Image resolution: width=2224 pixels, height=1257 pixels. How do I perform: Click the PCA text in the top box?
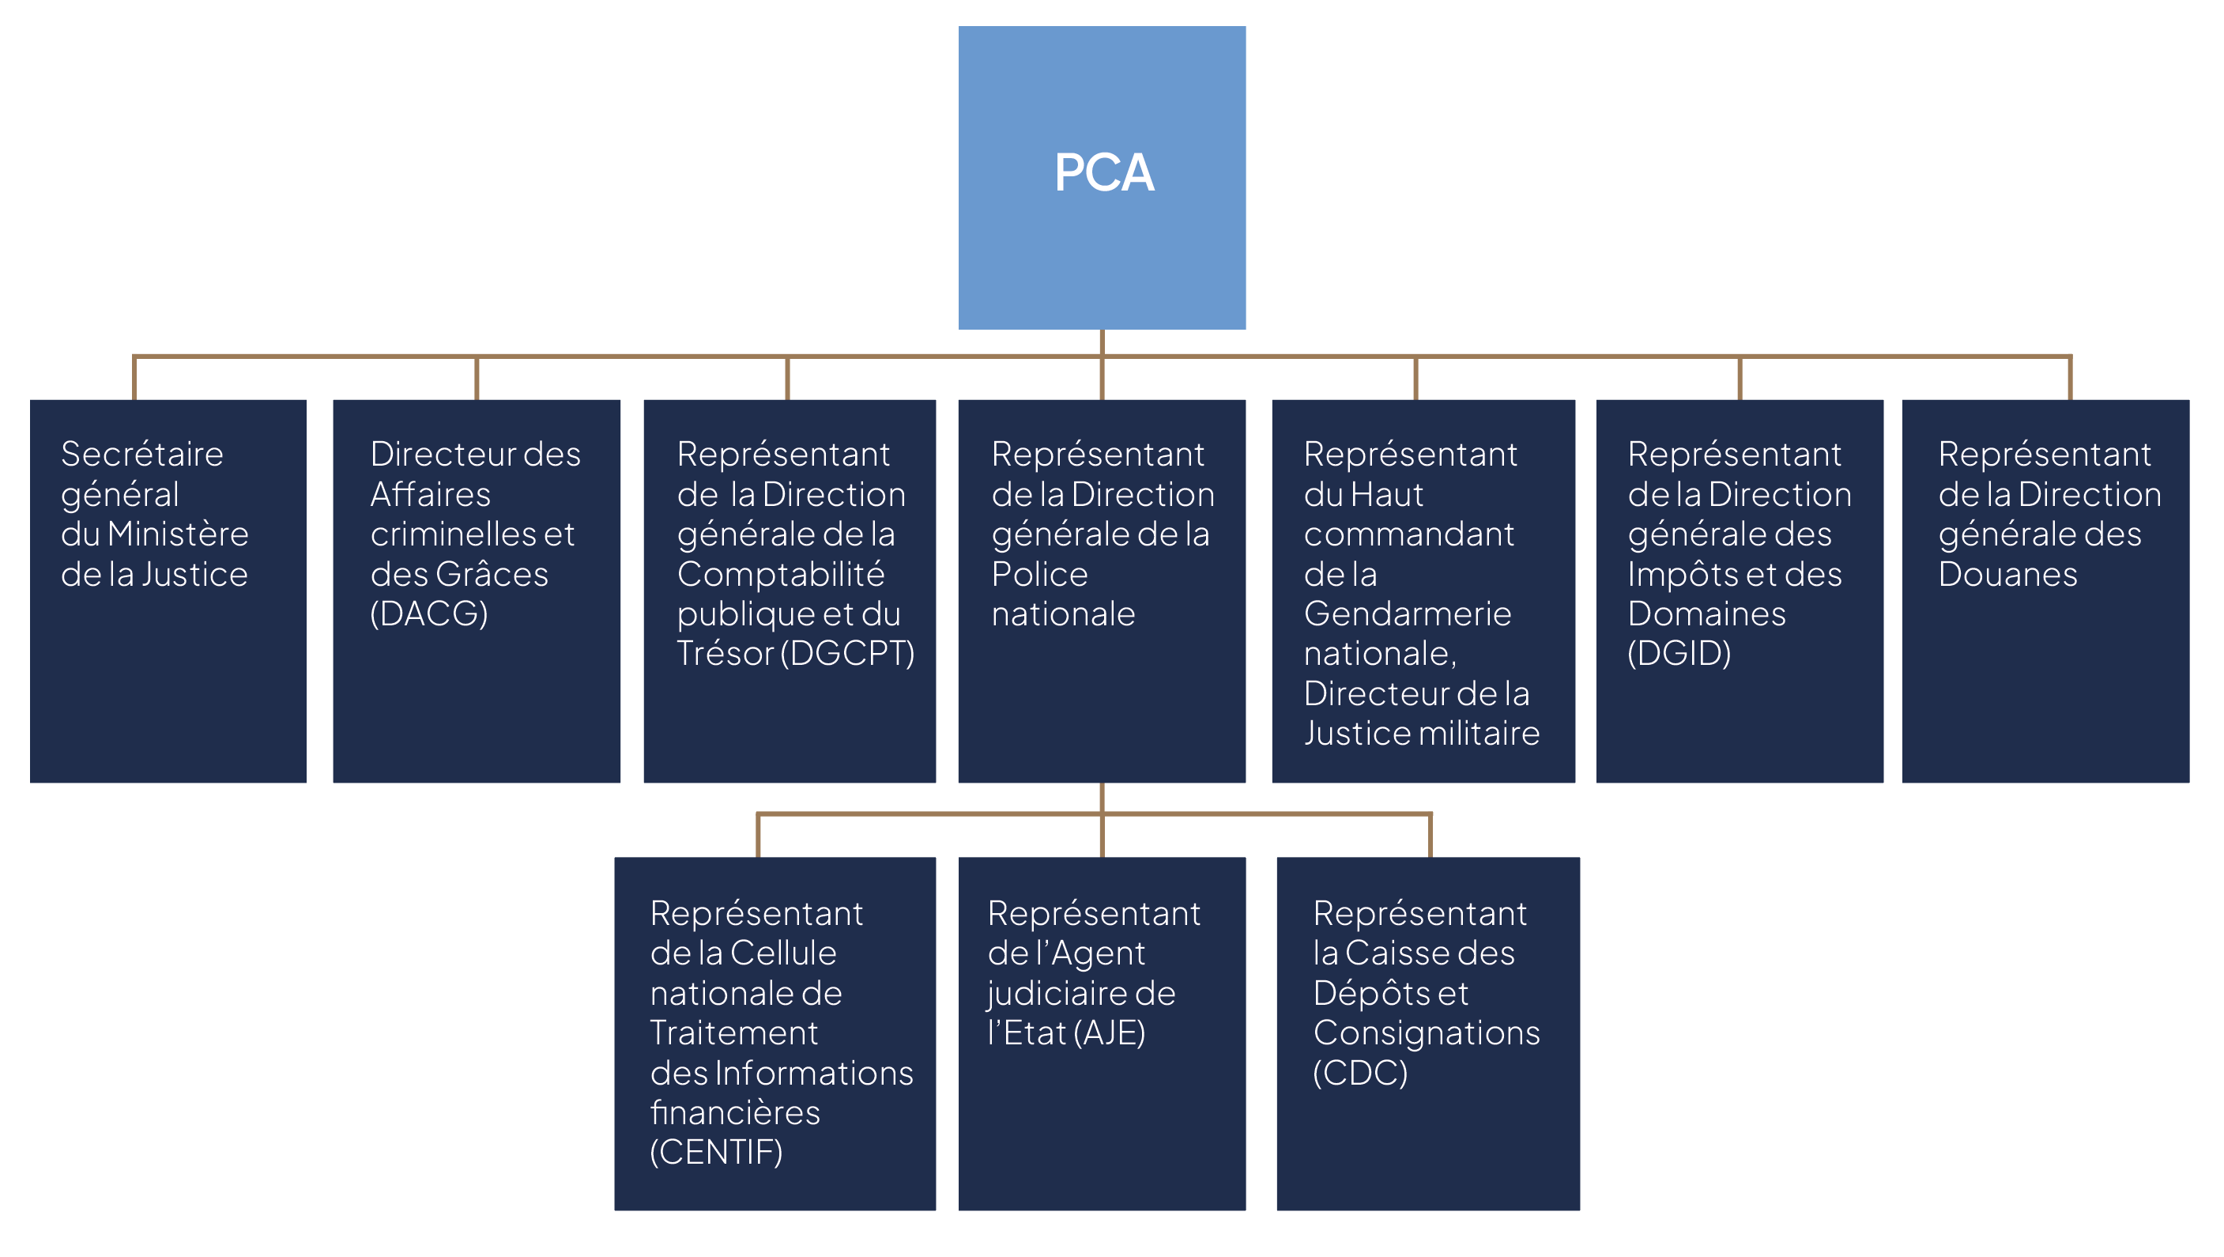1103,172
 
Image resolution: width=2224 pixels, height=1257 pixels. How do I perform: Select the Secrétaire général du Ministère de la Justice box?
168,591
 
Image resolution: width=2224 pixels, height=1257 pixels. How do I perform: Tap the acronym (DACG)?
429,613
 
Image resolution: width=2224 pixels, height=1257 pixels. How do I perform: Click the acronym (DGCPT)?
847,654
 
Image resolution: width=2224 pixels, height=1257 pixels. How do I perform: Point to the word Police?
1039,574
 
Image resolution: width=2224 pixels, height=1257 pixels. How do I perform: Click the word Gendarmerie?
1408,613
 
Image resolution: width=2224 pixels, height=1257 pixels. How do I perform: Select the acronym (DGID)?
1679,654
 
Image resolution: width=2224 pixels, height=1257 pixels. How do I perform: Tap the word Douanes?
2007,574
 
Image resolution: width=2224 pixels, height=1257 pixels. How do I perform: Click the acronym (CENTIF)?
716,1153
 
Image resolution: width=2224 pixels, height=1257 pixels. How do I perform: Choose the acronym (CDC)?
1360,1073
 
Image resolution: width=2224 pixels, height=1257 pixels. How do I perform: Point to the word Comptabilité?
781,574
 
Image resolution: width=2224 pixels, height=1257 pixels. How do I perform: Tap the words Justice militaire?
1421,734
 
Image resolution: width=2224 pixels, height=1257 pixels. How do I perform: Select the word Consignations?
1427,1033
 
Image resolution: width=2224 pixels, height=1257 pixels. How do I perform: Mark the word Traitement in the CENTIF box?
734,1033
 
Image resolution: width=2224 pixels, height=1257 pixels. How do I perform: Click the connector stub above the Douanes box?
2069,378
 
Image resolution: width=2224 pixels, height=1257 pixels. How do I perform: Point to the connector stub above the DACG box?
477,378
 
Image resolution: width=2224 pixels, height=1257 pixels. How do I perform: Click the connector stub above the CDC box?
1430,836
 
